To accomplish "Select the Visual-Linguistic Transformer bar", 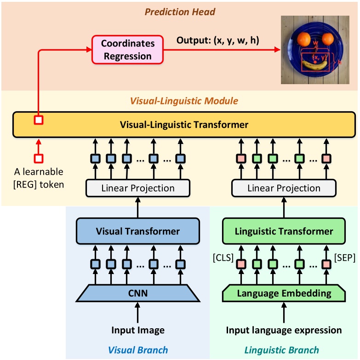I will click(184, 124).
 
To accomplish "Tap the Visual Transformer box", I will click(137, 231).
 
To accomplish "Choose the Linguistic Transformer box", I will click(284, 231).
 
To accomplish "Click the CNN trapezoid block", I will click(137, 293).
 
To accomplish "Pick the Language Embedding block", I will click(284, 293).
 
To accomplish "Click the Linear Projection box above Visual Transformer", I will click(137, 188).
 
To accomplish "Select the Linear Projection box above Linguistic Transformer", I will click(284, 188).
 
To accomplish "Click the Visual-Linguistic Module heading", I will click(184, 100).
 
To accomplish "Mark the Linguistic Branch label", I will click(281, 350).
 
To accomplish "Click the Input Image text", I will click(137, 330).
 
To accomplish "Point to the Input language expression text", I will click(284, 330).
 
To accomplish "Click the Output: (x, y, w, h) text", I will click(218, 40).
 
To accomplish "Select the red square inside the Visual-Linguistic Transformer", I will click(39, 120).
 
